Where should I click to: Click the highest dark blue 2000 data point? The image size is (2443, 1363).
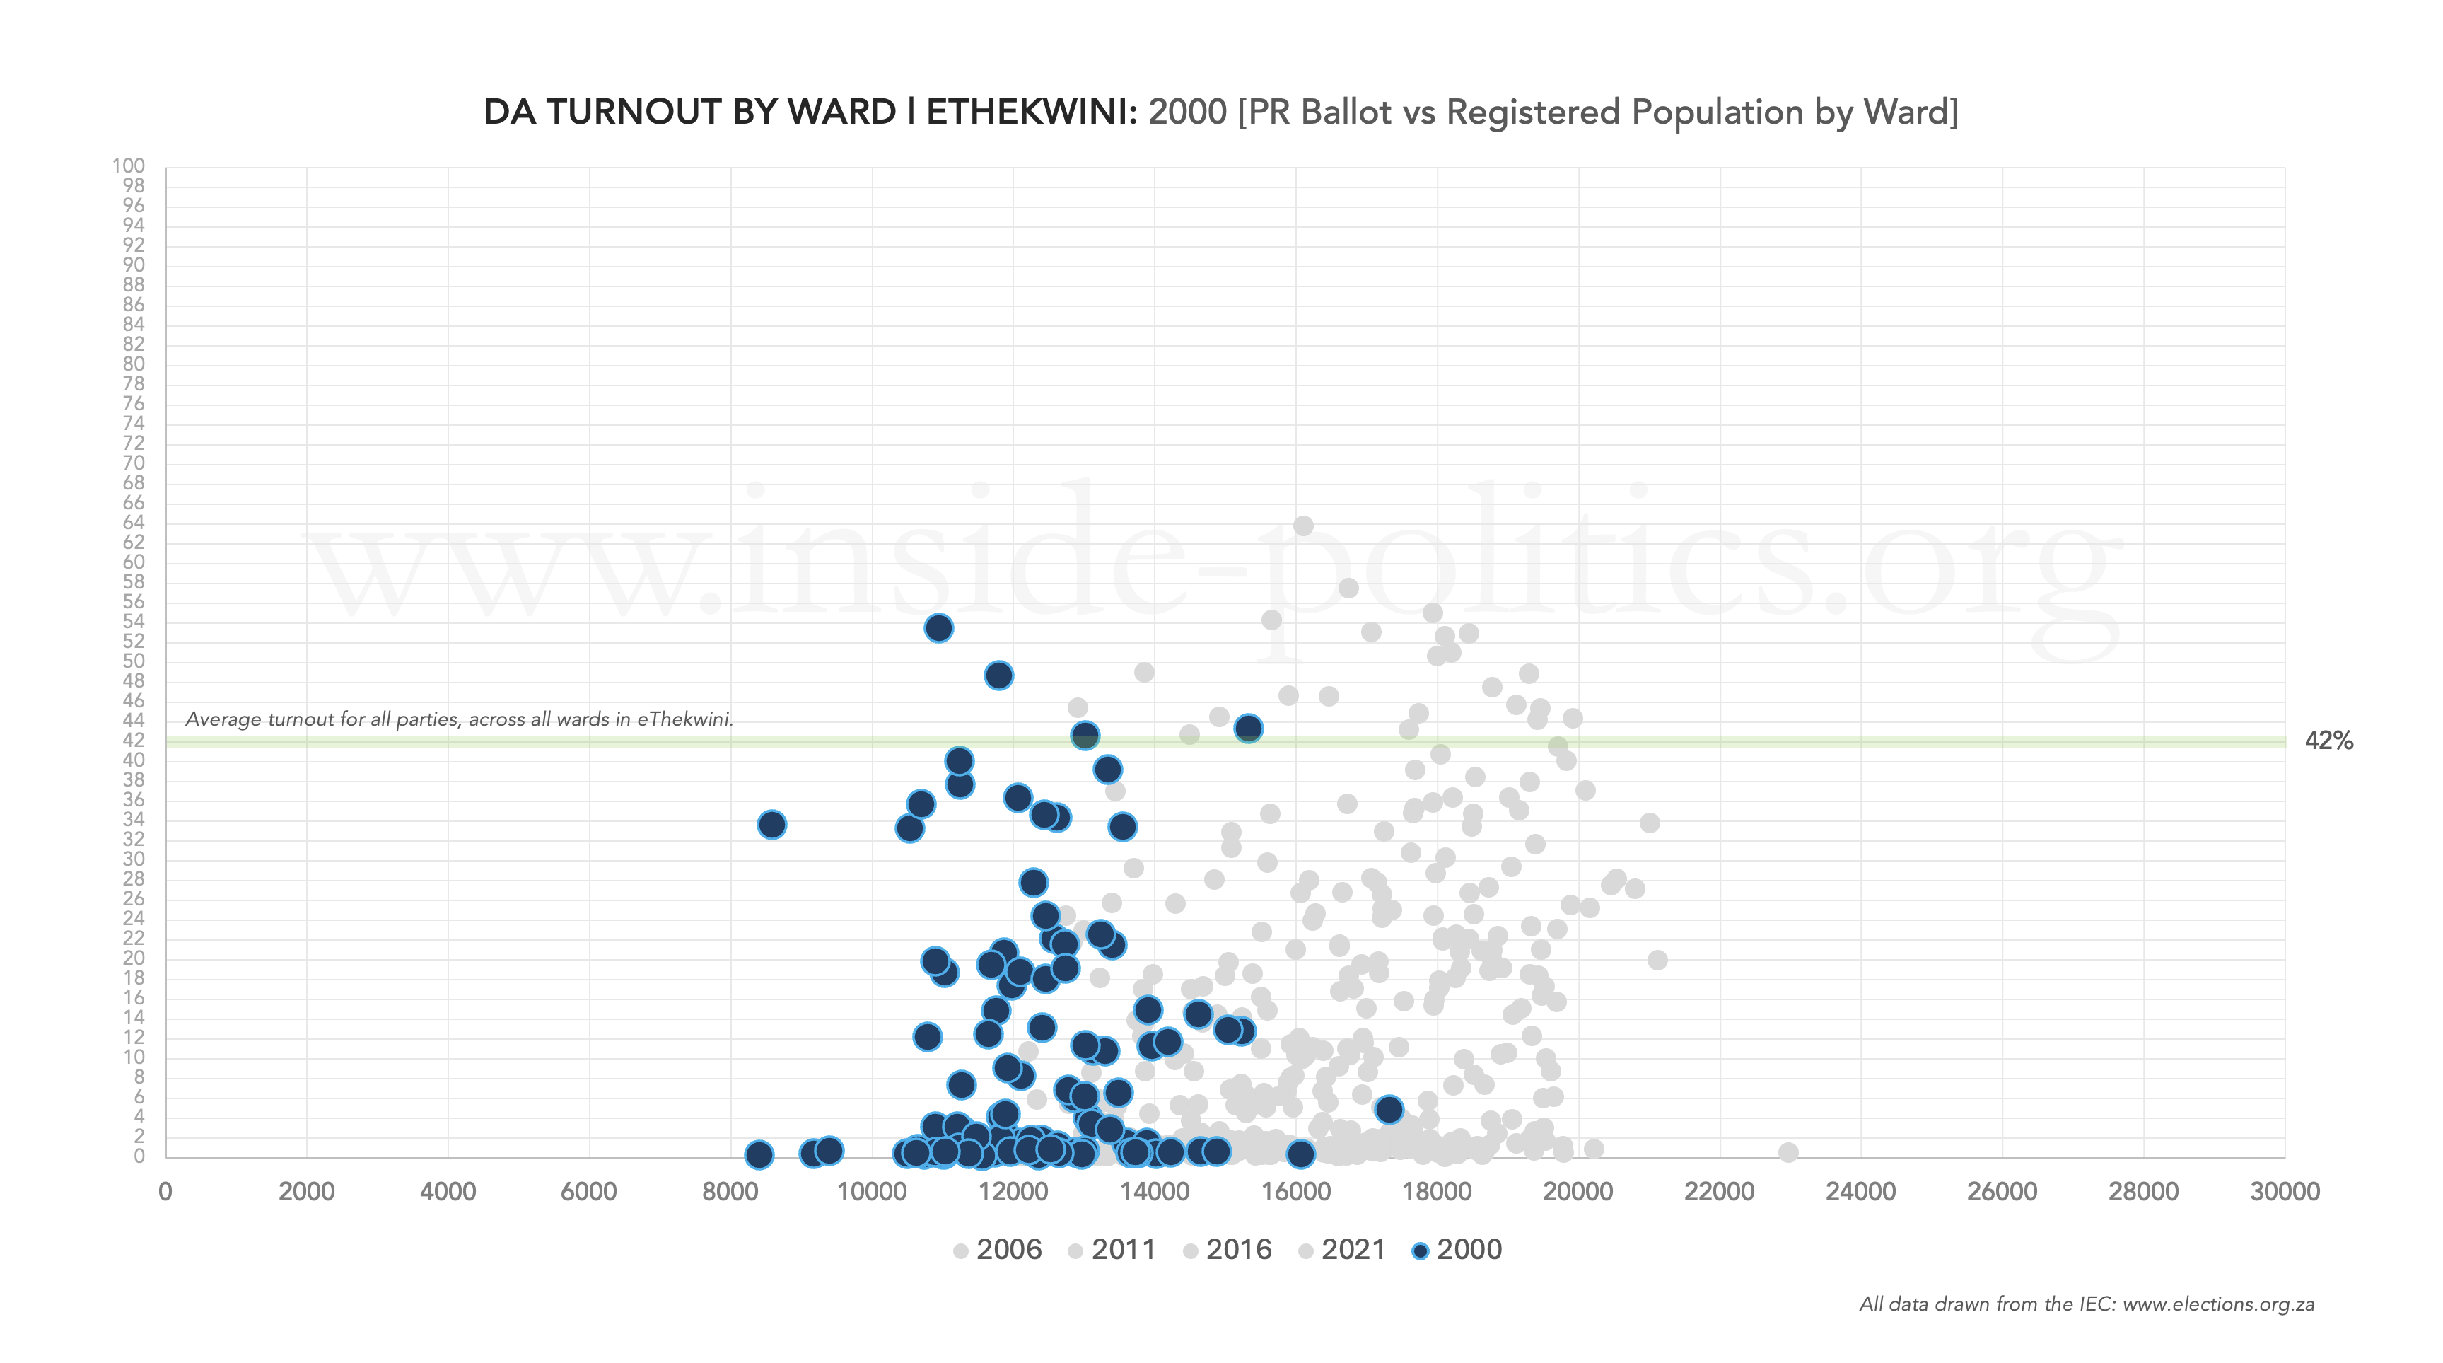(938, 628)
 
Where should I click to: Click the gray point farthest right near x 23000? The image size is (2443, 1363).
(1788, 1152)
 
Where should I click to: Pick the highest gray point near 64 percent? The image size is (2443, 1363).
(1303, 526)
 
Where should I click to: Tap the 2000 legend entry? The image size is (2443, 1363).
(1457, 1250)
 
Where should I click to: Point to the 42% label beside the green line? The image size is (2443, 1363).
(2328, 741)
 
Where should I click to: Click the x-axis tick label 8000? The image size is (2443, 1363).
(730, 1193)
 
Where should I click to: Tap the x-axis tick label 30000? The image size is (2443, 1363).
(2284, 1193)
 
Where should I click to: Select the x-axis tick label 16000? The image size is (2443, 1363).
(1295, 1193)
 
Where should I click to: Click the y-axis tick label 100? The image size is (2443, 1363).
(128, 166)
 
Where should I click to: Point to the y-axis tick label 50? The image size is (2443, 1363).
(133, 661)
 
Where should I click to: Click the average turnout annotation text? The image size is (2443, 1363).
(459, 719)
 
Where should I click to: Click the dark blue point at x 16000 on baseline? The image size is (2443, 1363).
(1300, 1154)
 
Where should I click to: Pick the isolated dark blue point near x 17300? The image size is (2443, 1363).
(1389, 1110)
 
